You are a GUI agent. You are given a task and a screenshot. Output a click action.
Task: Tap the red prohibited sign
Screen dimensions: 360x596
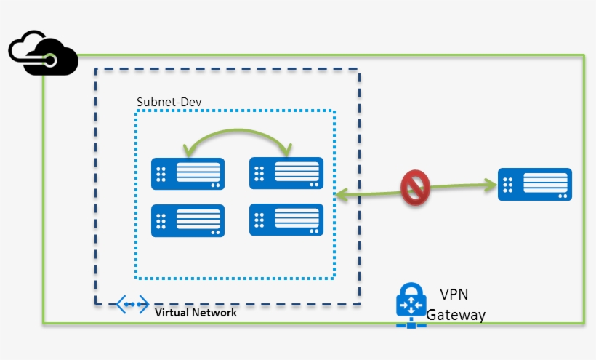click(415, 188)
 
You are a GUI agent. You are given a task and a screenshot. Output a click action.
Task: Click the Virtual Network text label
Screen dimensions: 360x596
click(196, 313)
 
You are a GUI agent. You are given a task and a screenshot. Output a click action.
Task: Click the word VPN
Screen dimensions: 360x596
click(454, 295)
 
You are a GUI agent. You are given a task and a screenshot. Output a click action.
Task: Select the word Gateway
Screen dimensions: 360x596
click(456, 315)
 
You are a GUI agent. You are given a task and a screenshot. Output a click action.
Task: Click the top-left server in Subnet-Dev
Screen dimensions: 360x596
click(188, 174)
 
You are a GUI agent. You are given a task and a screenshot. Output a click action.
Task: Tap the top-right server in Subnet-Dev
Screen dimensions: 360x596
click(286, 174)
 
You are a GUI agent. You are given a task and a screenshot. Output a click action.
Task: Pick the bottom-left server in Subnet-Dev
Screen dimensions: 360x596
click(188, 220)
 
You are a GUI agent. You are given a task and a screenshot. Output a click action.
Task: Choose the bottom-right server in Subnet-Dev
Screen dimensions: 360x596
click(286, 220)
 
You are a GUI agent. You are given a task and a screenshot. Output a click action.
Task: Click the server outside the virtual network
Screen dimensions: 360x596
click(534, 185)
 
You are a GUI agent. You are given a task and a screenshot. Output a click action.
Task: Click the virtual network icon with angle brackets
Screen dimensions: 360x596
click(132, 305)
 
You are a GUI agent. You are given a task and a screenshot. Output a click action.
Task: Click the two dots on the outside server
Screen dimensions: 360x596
click(562, 194)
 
